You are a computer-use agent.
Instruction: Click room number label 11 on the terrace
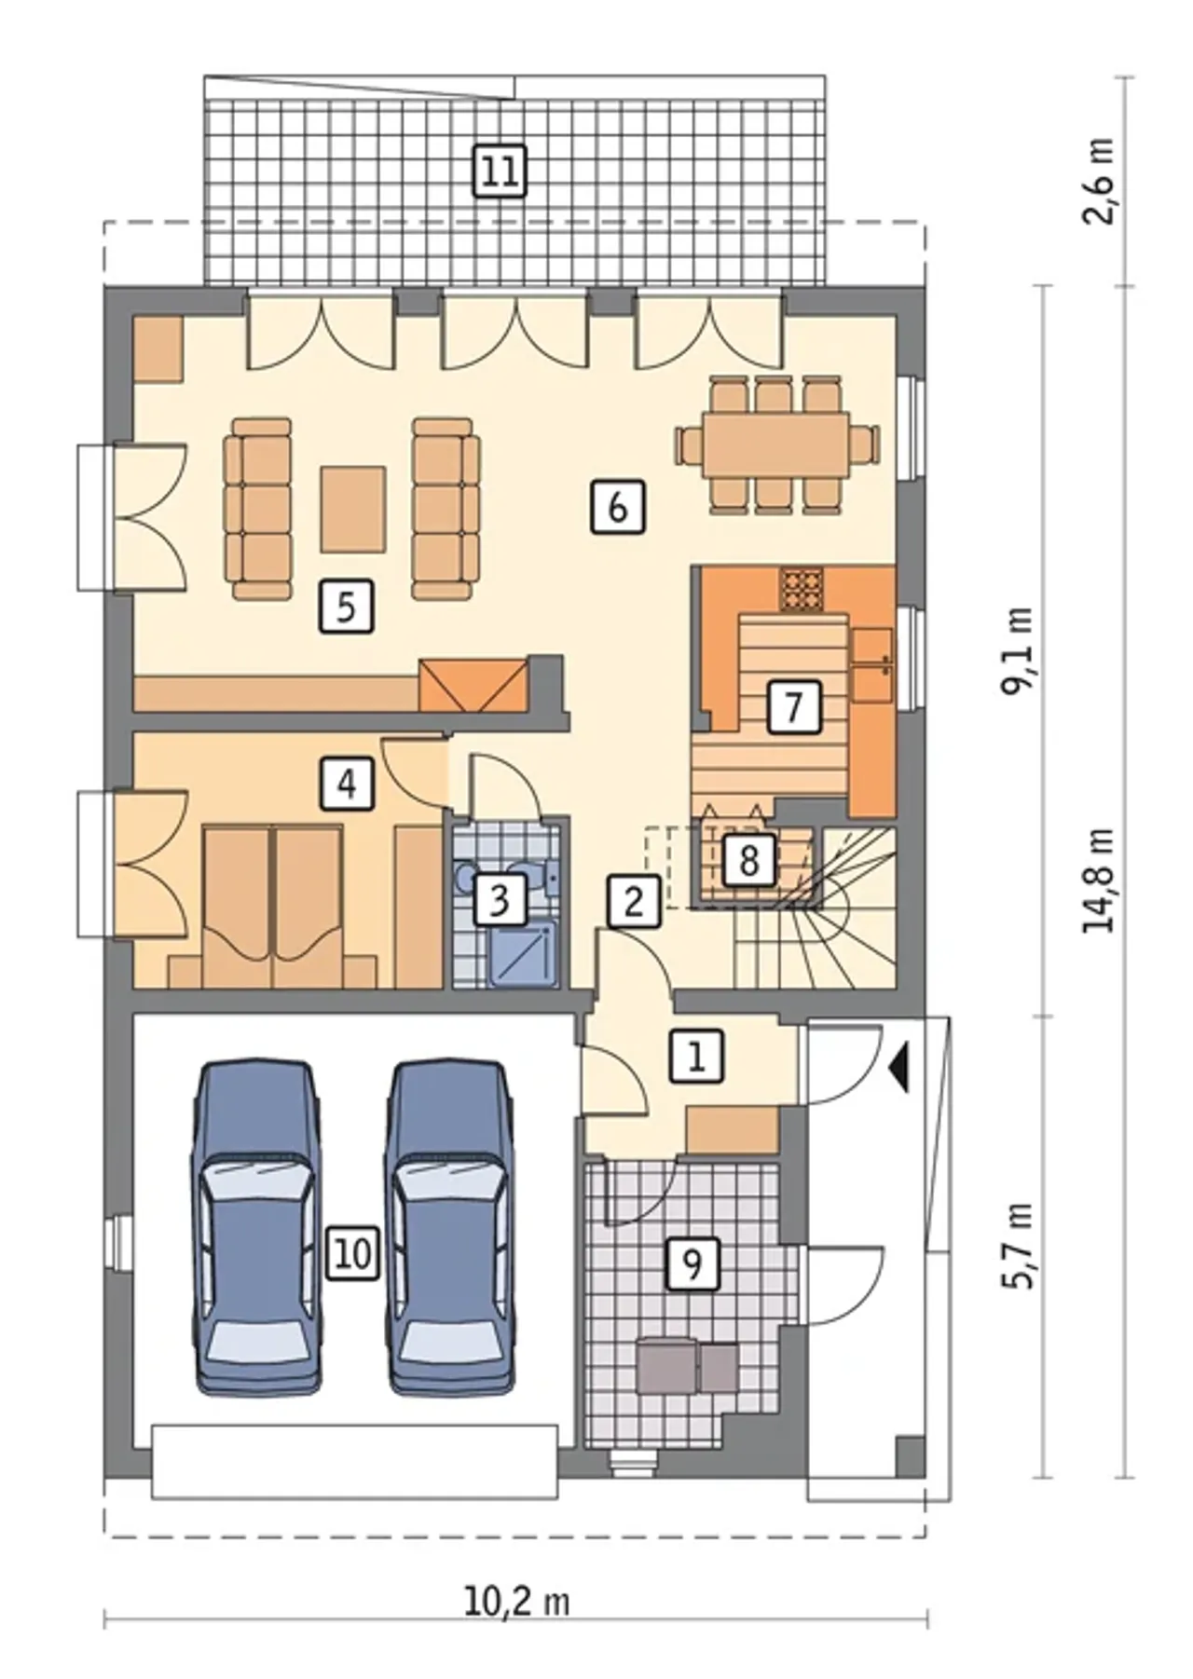500,171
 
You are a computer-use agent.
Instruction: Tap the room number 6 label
617,507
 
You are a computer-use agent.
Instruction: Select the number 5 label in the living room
346,607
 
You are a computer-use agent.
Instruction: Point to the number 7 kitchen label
793,706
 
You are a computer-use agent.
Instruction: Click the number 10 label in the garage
352,1253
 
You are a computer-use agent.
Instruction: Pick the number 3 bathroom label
500,899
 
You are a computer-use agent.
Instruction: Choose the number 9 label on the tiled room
692,1263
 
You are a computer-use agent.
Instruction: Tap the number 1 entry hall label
696,1056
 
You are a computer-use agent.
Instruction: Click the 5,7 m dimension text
1018,1245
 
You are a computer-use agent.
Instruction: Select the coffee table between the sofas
353,509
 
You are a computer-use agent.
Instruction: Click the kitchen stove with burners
802,589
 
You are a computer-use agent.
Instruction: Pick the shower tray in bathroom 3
523,952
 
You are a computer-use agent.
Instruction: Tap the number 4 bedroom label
347,783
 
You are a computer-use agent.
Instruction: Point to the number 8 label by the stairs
748,859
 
